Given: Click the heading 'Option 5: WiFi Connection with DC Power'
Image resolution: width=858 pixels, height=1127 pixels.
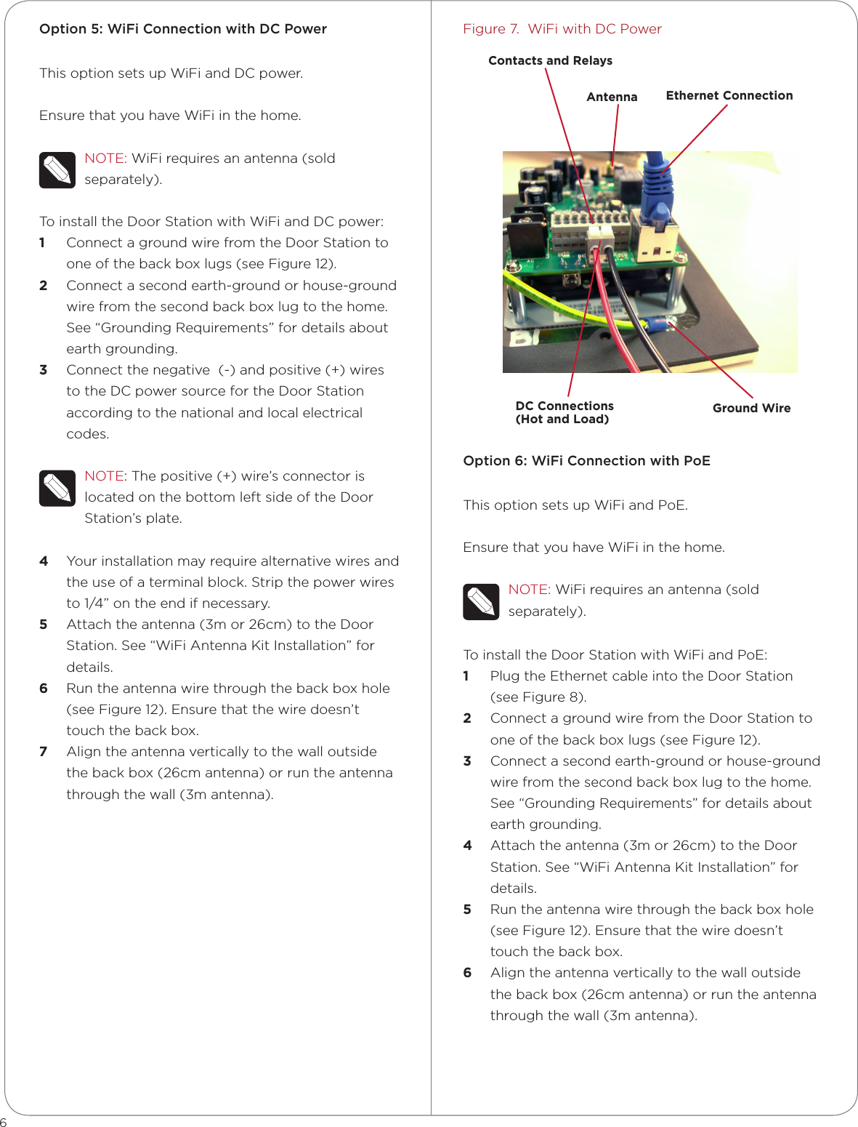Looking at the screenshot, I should pyautogui.click(x=183, y=29).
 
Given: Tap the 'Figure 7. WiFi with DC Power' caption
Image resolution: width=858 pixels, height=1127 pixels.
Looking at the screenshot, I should pyautogui.click(x=562, y=29).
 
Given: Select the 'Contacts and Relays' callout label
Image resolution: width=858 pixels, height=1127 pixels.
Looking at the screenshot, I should pyautogui.click(x=550, y=60).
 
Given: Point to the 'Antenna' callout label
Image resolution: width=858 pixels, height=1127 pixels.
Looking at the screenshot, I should pyautogui.click(x=612, y=97).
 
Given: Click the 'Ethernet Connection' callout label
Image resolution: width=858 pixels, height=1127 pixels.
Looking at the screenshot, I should pyautogui.click(x=729, y=95).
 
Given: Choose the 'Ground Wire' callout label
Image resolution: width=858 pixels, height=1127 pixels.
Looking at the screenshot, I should pyautogui.click(x=751, y=408).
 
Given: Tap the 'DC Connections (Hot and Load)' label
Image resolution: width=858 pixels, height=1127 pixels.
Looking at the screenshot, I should pyautogui.click(x=564, y=412).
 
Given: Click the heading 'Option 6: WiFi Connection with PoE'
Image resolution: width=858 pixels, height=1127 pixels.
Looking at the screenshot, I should pyautogui.click(x=586, y=460).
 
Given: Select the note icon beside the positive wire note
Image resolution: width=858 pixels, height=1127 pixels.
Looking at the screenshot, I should pyautogui.click(x=57, y=488).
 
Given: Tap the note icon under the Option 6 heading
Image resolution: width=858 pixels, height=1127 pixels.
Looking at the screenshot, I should pyautogui.click(x=481, y=601).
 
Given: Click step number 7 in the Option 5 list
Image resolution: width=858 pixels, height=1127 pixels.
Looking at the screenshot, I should pyautogui.click(x=44, y=751).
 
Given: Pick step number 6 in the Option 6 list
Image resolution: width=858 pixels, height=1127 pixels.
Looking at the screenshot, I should pyautogui.click(x=467, y=972).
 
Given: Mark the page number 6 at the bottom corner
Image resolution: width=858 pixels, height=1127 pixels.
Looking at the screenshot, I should pyautogui.click(x=4, y=1122).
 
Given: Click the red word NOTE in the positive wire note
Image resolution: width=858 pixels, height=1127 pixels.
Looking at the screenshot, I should pyautogui.click(x=104, y=476).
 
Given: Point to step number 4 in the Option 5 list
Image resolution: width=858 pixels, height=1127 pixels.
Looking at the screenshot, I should pyautogui.click(x=44, y=561).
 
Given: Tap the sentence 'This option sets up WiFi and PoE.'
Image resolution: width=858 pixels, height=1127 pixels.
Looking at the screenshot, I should pyautogui.click(x=575, y=505).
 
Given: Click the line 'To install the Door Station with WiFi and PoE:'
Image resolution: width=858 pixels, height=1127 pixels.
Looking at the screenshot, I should pyautogui.click(x=615, y=654).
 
